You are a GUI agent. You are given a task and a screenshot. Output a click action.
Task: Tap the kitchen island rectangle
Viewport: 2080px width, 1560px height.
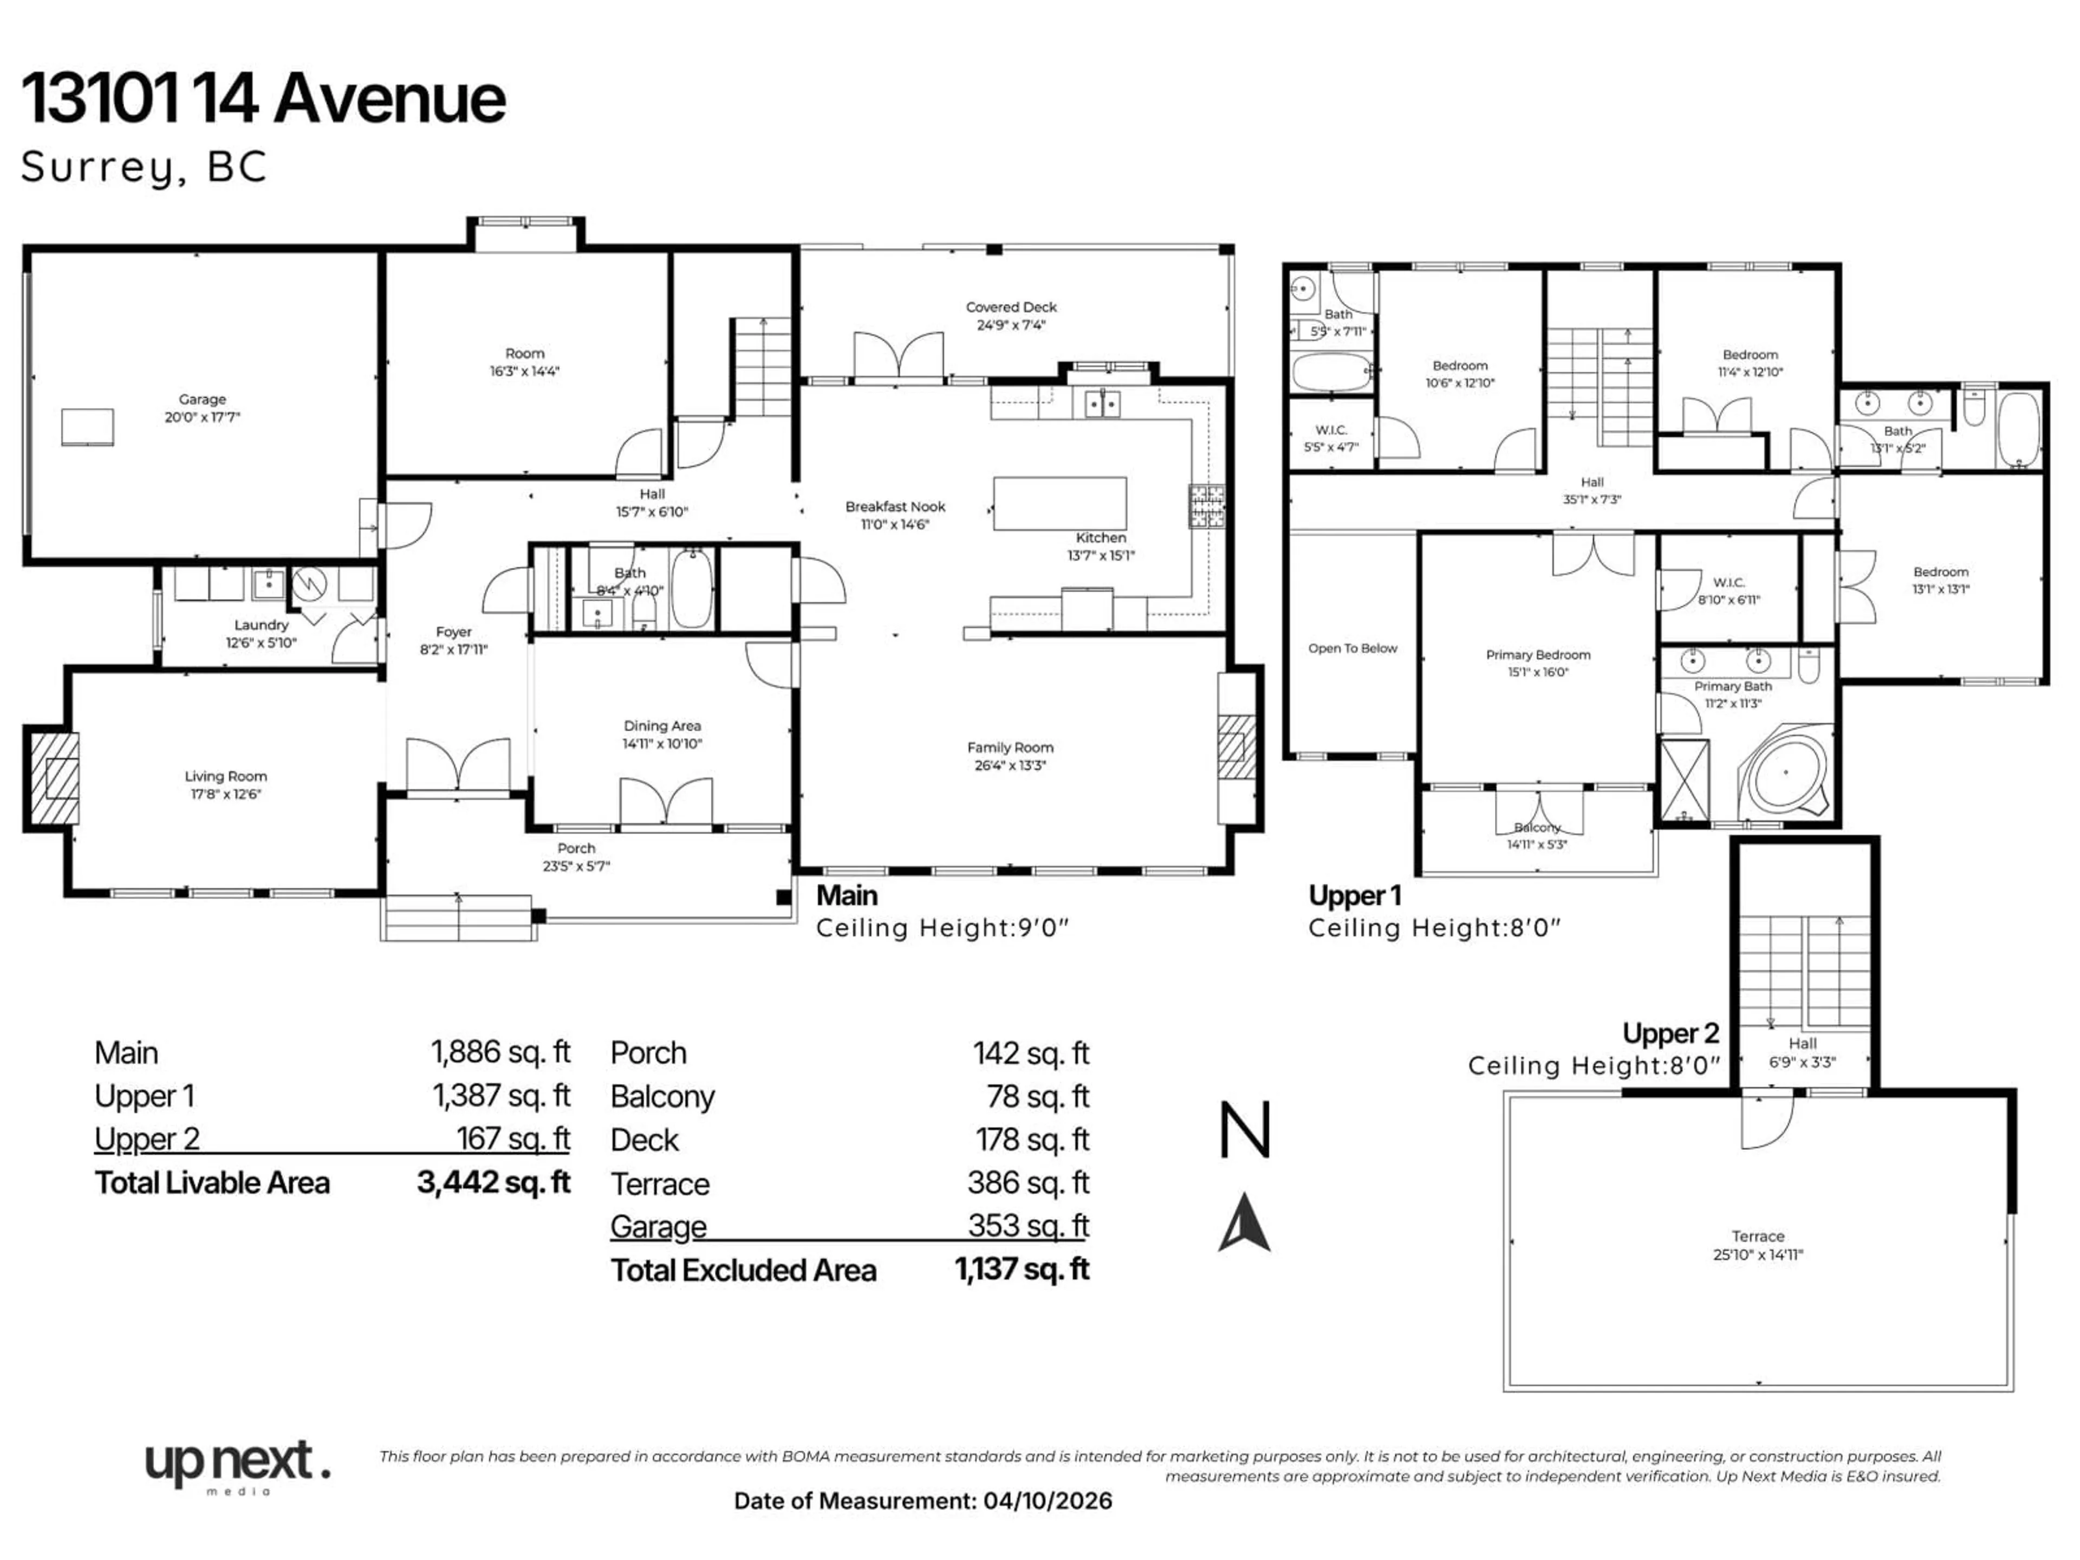pos(1059,504)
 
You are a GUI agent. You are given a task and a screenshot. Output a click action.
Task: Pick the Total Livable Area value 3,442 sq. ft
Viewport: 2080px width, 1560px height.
pos(493,1182)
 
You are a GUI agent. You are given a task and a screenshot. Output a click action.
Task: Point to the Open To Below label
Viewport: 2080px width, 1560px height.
pos(1352,648)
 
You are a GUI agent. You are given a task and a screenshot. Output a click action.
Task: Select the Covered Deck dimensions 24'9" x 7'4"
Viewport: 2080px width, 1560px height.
pos(1011,326)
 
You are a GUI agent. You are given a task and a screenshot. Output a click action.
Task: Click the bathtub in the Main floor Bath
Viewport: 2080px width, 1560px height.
pos(692,589)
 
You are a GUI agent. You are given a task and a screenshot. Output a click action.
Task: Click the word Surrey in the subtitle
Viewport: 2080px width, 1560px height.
pos(97,168)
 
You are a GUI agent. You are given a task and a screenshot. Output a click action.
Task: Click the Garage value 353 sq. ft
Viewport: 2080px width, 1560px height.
pos(1028,1226)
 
